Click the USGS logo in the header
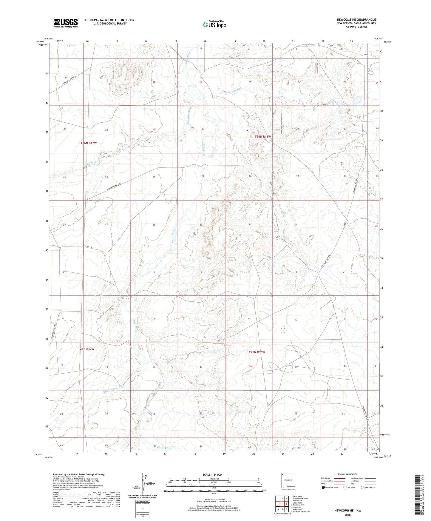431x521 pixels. tap(66, 23)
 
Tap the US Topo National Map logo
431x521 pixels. tap(214, 24)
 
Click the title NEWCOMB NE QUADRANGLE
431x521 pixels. tap(356, 20)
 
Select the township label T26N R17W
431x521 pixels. tap(89, 143)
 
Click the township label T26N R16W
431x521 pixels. tap(263, 136)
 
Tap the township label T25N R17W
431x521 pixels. tap(86, 349)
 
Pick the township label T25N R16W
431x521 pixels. tap(257, 352)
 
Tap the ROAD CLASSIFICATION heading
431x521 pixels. tap(347, 474)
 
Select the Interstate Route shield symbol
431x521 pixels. tap(323, 488)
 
